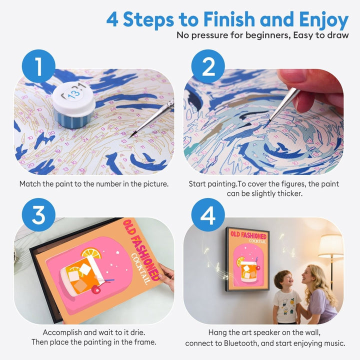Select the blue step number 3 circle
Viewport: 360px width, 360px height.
[37, 215]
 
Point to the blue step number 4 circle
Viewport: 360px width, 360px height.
[207, 215]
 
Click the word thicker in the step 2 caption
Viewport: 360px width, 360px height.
[292, 193]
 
